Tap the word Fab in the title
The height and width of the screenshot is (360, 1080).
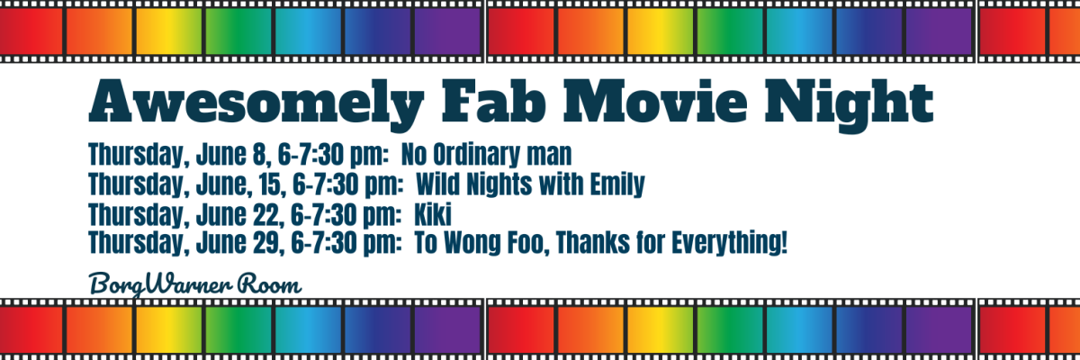(494, 100)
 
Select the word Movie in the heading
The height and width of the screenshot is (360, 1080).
(656, 101)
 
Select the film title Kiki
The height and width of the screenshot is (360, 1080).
(433, 214)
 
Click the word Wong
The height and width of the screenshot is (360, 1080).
(472, 242)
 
